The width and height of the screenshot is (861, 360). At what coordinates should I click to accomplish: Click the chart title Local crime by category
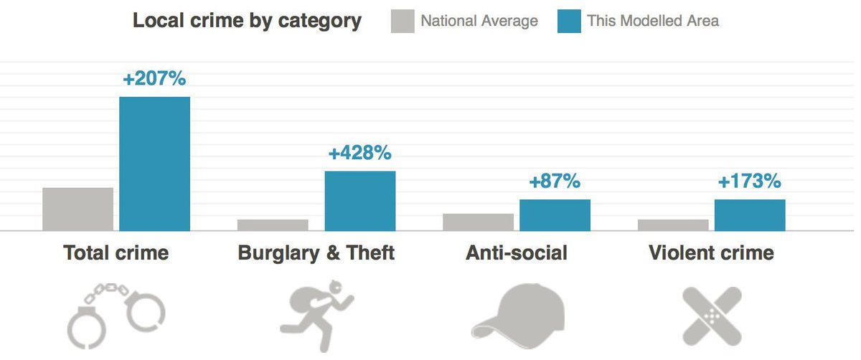point(247,20)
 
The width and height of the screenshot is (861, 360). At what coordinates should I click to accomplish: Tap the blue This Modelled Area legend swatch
point(568,21)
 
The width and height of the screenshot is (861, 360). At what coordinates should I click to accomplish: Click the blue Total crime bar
point(154,164)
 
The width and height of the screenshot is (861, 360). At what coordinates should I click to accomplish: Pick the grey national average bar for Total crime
point(77,209)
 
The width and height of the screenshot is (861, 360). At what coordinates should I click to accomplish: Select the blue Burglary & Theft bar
point(359,201)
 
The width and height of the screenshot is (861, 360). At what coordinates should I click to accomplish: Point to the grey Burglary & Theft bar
point(273,225)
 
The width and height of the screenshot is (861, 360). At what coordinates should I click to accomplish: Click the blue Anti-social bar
point(555,215)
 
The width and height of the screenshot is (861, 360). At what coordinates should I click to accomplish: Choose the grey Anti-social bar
point(478,222)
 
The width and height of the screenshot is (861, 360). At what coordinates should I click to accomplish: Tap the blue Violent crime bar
point(750,215)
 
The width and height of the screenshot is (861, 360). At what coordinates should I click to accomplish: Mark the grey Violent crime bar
point(673,225)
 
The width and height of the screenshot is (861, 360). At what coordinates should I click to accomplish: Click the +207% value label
point(154,78)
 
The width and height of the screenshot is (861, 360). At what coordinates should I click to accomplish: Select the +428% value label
point(359,153)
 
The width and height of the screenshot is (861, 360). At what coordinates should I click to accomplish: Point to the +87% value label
point(554,181)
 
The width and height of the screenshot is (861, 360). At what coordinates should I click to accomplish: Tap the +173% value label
point(749,181)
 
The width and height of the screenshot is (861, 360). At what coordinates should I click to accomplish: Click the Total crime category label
point(116,253)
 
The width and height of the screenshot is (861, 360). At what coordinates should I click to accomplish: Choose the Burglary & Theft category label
point(316,253)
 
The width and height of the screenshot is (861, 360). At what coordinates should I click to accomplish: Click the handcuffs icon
point(116,316)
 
